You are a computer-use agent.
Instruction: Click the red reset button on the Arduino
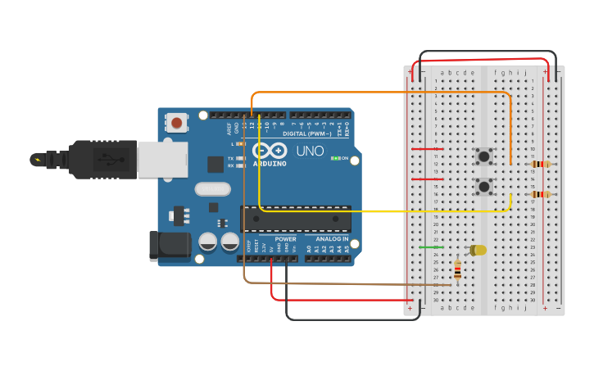pos(176,123)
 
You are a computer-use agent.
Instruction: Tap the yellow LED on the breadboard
pos(477,250)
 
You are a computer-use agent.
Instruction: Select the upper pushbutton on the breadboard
pos(484,155)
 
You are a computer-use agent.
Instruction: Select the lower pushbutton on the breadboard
pos(484,186)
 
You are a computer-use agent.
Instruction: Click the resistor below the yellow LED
pos(457,270)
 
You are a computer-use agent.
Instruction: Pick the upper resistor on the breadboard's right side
pos(540,164)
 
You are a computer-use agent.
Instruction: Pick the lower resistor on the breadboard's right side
pos(540,194)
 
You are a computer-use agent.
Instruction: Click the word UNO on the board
pos(310,152)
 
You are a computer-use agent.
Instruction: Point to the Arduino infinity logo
pos(270,151)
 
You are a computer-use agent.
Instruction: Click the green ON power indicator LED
pos(336,158)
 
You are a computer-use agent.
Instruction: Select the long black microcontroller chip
pos(296,219)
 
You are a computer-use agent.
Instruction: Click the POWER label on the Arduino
pos(285,239)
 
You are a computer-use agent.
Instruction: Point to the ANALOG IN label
pos(332,239)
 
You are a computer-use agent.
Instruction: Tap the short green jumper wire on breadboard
pos(431,247)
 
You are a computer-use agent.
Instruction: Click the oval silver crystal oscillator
pos(212,189)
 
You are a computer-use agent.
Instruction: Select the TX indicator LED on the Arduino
pos(240,158)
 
